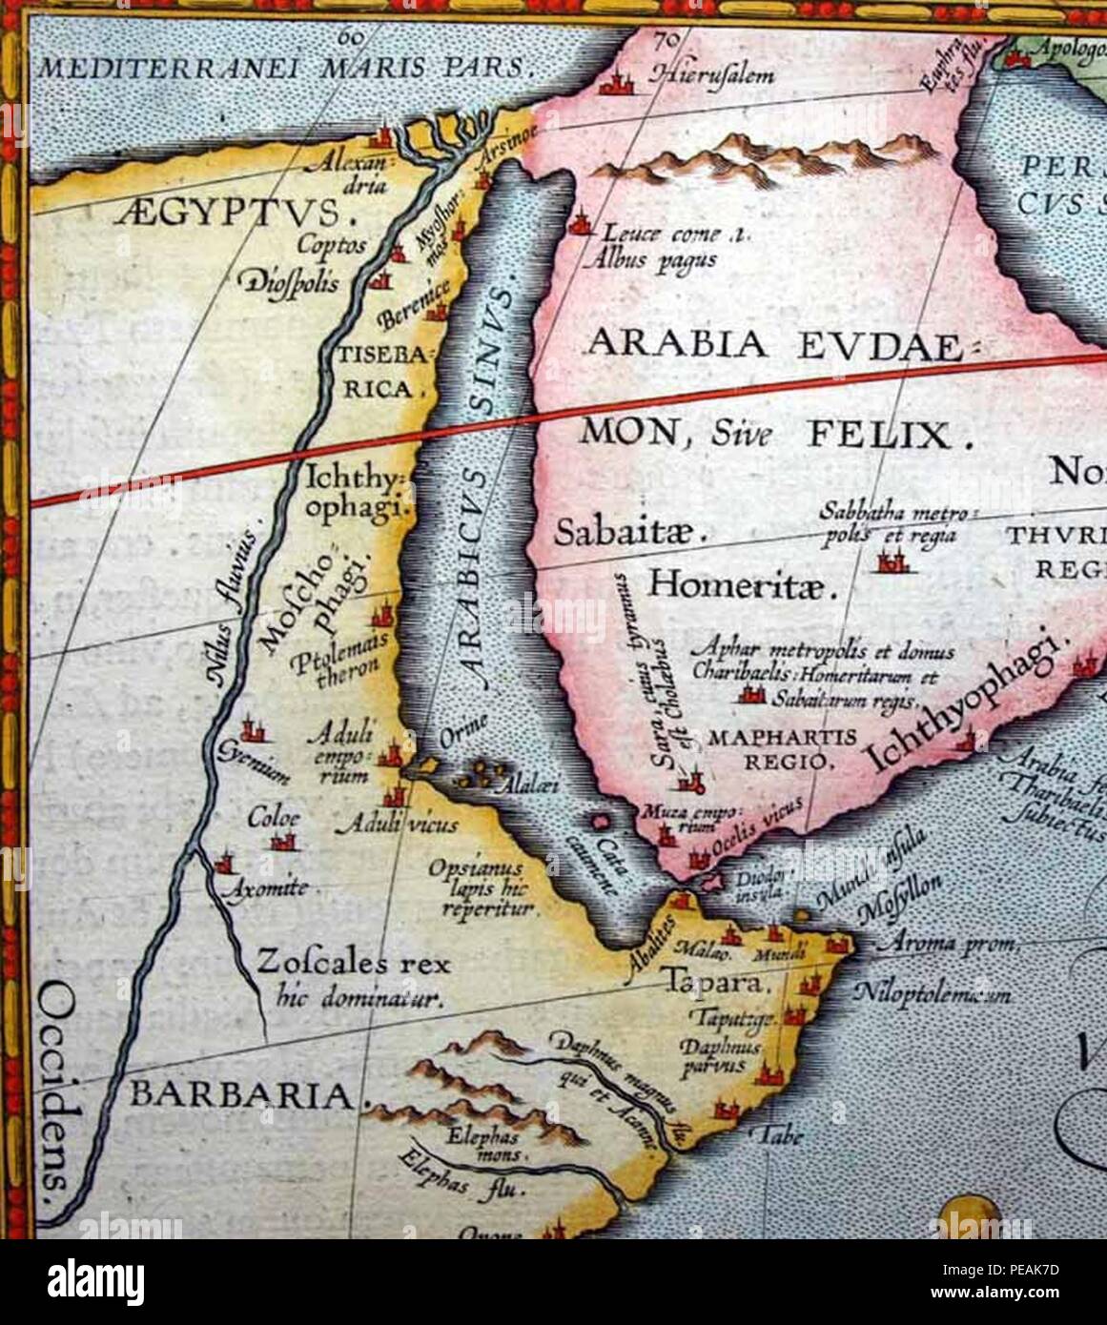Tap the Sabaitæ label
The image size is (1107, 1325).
(628, 532)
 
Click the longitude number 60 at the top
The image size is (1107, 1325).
(352, 37)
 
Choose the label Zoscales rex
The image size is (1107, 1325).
(352, 963)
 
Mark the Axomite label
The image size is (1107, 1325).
(264, 889)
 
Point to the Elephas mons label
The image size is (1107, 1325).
(486, 1145)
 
